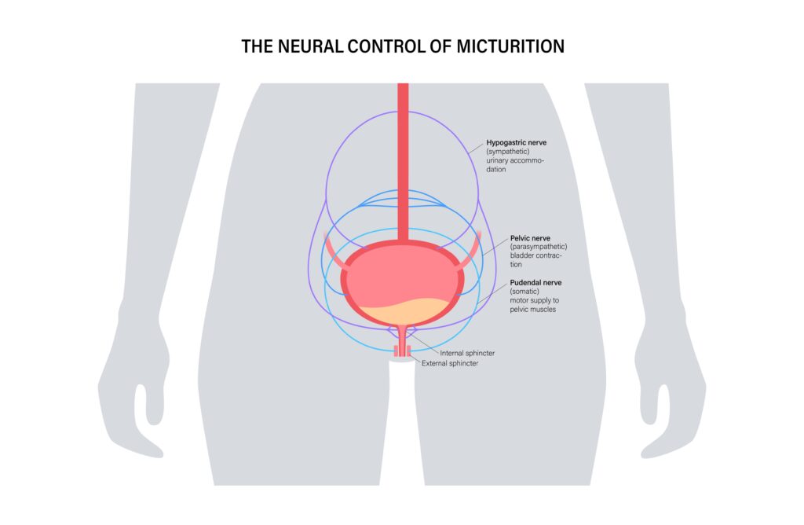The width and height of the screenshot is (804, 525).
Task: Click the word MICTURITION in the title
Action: [510, 46]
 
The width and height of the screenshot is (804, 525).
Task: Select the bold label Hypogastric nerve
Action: [517, 143]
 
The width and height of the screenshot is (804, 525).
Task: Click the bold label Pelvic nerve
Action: [530, 238]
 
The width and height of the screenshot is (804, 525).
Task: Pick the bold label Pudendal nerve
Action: [535, 282]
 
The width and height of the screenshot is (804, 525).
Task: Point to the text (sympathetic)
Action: [508, 152]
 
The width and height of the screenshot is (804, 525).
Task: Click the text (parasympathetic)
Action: [539, 247]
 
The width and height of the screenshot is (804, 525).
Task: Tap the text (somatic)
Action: [524, 292]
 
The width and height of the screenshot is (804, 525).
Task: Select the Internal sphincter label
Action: [467, 353]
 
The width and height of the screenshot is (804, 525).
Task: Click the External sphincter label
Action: [450, 363]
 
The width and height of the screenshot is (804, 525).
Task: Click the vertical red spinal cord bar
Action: [403, 162]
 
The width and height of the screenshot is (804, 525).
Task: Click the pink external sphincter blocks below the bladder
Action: [403, 351]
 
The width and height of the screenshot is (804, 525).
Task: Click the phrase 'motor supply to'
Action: [534, 300]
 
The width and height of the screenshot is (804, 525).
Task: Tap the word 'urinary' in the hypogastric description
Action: [497, 160]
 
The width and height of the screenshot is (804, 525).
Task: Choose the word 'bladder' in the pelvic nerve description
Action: [522, 255]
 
